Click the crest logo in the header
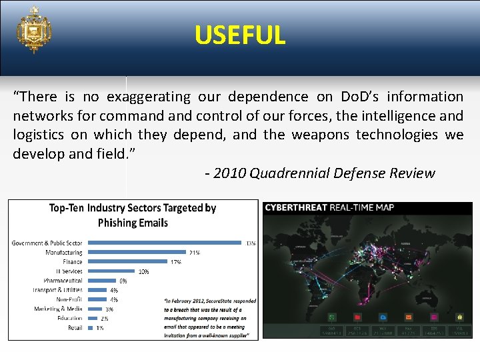tap(34, 30)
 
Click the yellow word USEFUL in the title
tap(240, 35)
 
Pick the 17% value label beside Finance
tap(176, 262)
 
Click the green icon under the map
tap(332, 317)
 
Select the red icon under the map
tap(357, 317)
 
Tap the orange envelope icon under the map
tap(408, 317)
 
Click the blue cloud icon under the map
tap(383, 317)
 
